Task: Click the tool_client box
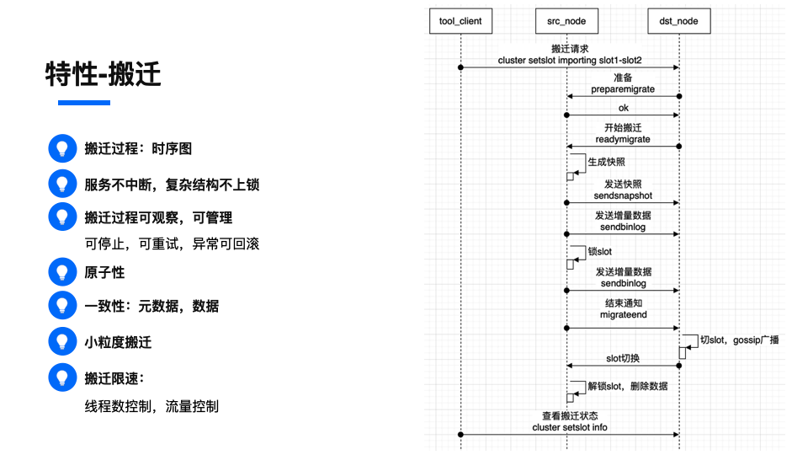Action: pyautogui.click(x=460, y=20)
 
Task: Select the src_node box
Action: pyautogui.click(x=566, y=20)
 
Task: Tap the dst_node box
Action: pyautogui.click(x=679, y=20)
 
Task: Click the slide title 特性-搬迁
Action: pyautogui.click(x=104, y=74)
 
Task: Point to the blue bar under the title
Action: pyautogui.click(x=83, y=103)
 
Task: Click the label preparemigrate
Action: pyautogui.click(x=623, y=88)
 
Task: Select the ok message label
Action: pyautogui.click(x=623, y=108)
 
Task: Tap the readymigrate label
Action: pyautogui.click(x=623, y=139)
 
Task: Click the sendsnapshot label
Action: pyautogui.click(x=623, y=195)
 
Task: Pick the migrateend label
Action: pyautogui.click(x=623, y=314)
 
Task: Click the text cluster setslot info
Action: pyautogui.click(x=570, y=427)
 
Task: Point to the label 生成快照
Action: pyautogui.click(x=606, y=162)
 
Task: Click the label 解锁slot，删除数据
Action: pyautogui.click(x=628, y=386)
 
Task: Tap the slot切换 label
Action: pyautogui.click(x=623, y=358)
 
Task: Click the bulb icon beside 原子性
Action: pyautogui.click(x=61, y=272)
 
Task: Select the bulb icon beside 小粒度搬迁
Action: pyautogui.click(x=61, y=342)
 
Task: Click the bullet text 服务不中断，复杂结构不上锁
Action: pyautogui.click(x=172, y=184)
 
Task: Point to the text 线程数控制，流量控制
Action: pyautogui.click(x=151, y=406)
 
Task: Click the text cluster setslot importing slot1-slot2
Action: pyautogui.click(x=570, y=61)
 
